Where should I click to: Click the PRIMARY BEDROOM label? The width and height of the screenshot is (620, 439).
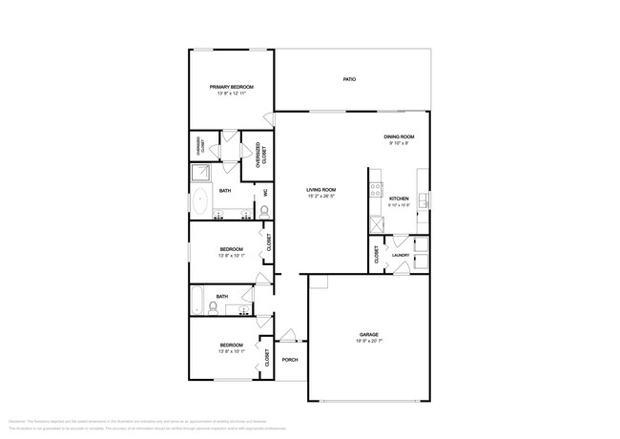tap(232, 87)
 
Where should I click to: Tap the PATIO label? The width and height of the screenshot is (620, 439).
tap(350, 78)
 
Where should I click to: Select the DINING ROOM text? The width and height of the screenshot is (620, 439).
tap(398, 136)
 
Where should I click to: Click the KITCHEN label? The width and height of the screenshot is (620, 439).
tap(399, 199)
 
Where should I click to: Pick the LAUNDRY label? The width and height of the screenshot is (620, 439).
tap(401, 255)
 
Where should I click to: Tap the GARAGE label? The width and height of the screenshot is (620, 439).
tap(369, 335)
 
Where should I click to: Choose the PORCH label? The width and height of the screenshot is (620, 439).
tap(290, 359)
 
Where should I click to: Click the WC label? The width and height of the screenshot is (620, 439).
tap(265, 193)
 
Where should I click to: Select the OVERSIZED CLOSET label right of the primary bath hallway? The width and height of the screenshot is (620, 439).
tap(261, 157)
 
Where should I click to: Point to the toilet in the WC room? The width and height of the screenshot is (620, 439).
tap(264, 211)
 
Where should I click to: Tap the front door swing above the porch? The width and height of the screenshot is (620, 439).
tap(287, 335)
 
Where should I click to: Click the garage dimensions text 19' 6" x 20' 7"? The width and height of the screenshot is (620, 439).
tap(369, 342)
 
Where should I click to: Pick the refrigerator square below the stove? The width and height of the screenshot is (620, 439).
tap(378, 224)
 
